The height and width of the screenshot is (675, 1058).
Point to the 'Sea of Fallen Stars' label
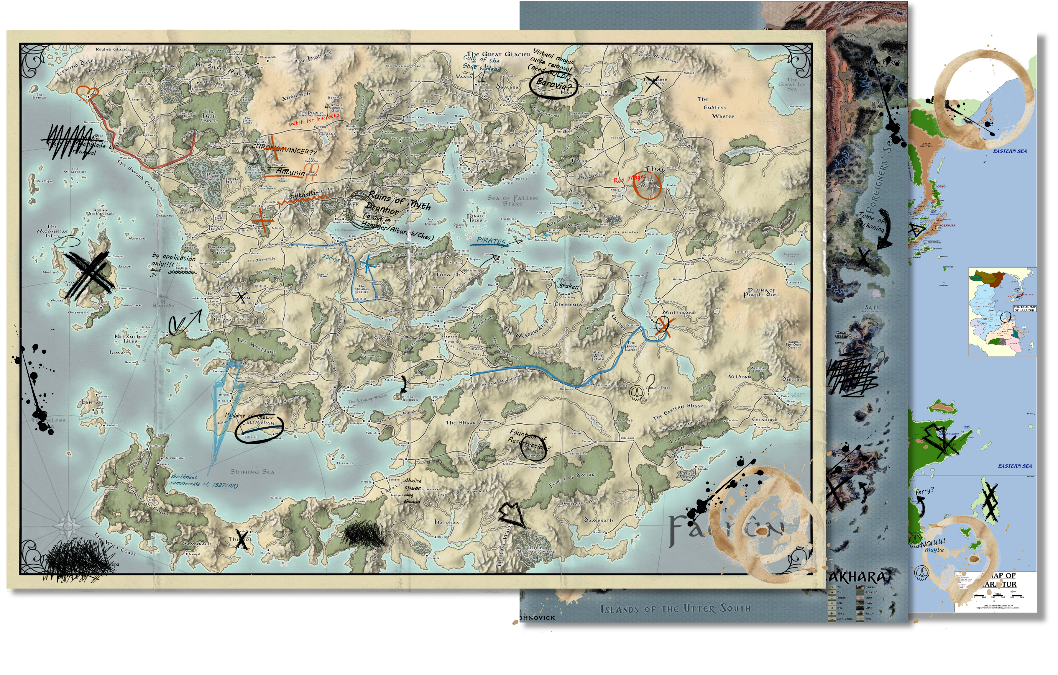click(x=512, y=200)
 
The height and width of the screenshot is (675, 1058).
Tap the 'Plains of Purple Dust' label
click(x=761, y=292)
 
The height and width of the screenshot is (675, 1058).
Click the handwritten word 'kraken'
click(x=569, y=286)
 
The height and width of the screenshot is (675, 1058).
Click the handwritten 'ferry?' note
click(x=924, y=491)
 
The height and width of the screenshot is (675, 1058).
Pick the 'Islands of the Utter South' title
click(x=675, y=609)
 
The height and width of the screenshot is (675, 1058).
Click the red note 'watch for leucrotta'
click(x=314, y=119)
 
